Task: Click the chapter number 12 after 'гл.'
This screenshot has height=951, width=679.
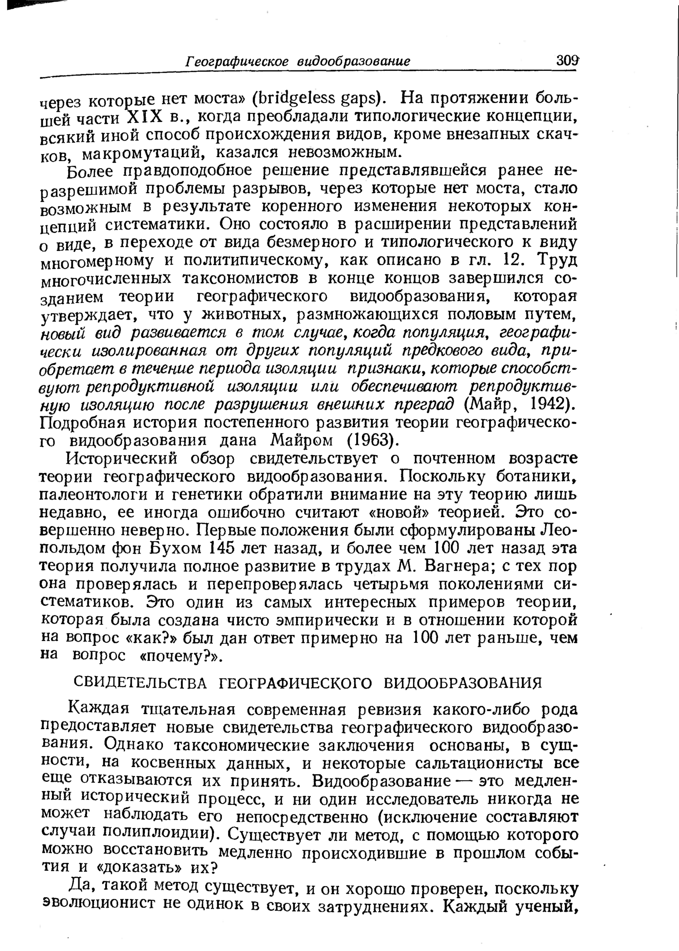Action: (x=513, y=261)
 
